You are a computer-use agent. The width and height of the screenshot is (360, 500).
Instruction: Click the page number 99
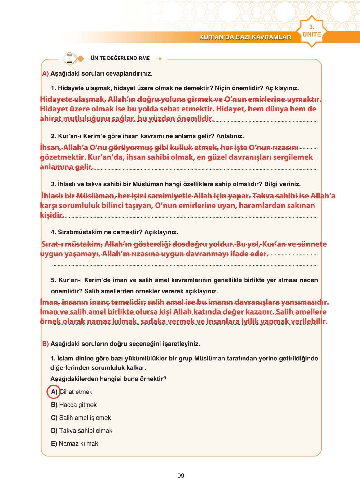pyautogui.click(x=181, y=476)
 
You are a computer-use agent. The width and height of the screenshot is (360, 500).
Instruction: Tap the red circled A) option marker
pyautogui.click(x=54, y=392)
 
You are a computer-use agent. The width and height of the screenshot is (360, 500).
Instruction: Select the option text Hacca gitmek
pyautogui.click(x=78, y=405)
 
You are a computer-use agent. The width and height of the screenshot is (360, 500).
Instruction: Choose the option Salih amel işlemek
pyautogui.click(x=85, y=418)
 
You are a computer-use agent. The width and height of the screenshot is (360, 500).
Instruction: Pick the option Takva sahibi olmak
pyautogui.click(x=86, y=431)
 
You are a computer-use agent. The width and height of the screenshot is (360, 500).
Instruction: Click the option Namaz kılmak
pyautogui.click(x=78, y=444)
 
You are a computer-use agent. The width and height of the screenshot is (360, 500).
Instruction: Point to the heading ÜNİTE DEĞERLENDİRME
pyautogui.click(x=120, y=58)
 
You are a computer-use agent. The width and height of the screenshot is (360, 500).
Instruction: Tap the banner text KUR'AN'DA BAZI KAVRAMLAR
pyautogui.click(x=245, y=37)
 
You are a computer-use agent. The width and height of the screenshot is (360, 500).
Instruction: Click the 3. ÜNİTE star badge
pyautogui.click(x=311, y=31)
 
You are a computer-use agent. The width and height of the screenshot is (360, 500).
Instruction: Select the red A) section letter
pyautogui.click(x=46, y=74)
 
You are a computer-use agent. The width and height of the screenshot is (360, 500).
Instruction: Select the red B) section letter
pyautogui.click(x=46, y=344)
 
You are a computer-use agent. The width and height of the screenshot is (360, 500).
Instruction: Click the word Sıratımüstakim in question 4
pyautogui.click(x=75, y=232)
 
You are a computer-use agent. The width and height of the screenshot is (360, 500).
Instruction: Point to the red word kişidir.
pyautogui.click(x=52, y=215)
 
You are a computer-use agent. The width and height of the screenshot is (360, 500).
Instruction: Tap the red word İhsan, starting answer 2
pyautogui.click(x=50, y=148)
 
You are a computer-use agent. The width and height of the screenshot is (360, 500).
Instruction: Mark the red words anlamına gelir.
pyautogui.click(x=67, y=167)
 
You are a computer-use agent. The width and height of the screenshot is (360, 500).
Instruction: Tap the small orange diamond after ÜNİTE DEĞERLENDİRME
pyautogui.click(x=160, y=59)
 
